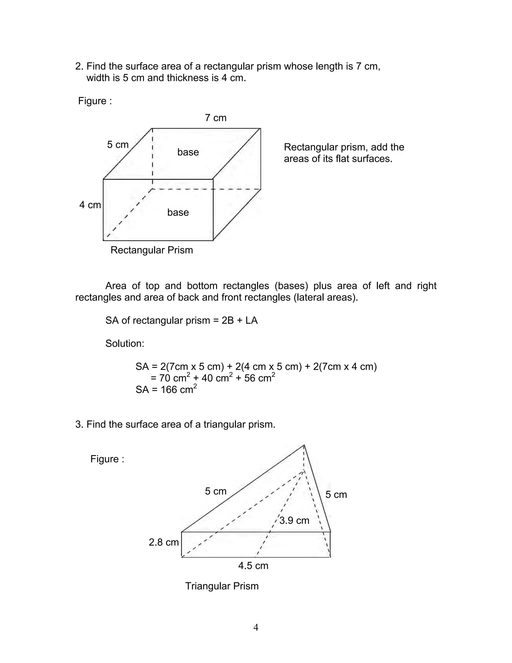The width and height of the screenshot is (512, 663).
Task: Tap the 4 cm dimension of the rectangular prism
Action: click(90, 205)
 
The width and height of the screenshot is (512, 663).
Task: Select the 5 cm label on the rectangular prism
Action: click(118, 145)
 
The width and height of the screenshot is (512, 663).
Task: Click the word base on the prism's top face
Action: click(188, 152)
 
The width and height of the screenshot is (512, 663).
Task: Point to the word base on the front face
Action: click(178, 212)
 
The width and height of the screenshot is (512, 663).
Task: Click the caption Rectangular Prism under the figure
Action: click(152, 250)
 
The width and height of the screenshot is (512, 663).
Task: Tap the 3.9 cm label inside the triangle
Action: click(294, 520)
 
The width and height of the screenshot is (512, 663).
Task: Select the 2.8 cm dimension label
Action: click(164, 542)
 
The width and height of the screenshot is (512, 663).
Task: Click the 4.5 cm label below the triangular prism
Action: click(253, 566)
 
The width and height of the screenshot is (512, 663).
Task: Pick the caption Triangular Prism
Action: click(222, 586)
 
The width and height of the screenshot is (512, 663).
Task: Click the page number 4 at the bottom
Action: click(256, 627)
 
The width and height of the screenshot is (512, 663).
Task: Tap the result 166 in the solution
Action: click(169, 390)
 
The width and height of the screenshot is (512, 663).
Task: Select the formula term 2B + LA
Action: click(239, 320)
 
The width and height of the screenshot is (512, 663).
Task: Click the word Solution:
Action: click(125, 344)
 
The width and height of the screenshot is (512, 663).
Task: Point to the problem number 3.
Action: click(79, 424)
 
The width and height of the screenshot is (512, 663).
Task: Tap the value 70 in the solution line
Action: click(165, 378)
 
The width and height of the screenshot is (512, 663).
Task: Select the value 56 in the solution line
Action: click(250, 378)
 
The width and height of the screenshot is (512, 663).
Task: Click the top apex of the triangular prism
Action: click(304, 445)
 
